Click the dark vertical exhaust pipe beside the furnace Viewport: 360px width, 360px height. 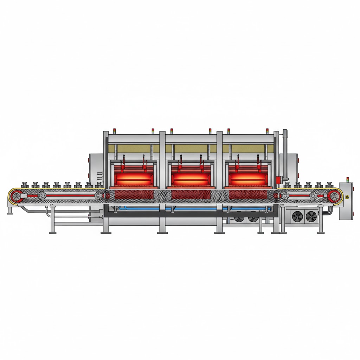click(285, 155)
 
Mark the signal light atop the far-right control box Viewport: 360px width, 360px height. click(347, 179)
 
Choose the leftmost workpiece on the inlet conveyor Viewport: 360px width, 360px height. click(25, 184)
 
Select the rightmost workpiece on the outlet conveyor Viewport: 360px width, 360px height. click(329, 184)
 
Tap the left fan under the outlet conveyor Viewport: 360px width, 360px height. click(297, 217)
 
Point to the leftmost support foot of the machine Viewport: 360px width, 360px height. click(10, 212)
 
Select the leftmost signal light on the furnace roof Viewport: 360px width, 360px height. click(114, 131)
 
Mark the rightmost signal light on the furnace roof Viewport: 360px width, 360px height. click(267, 131)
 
